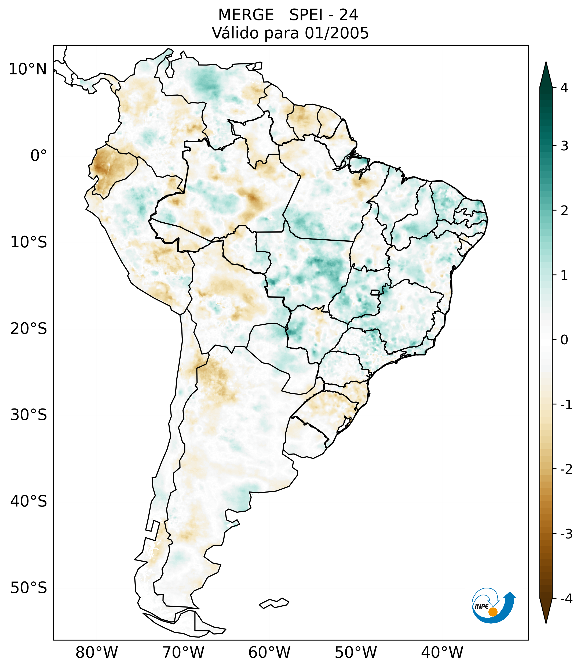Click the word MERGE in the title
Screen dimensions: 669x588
[246, 15]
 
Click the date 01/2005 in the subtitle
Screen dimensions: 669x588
[337, 33]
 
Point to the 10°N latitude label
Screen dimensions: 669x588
[28, 69]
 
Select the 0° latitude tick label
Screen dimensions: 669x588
[39, 156]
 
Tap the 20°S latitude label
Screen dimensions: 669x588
[29, 329]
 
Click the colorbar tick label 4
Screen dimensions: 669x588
[564, 88]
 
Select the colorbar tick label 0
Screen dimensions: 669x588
[564, 340]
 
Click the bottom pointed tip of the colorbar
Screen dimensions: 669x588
[546, 623]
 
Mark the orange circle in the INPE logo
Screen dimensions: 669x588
[493, 612]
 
